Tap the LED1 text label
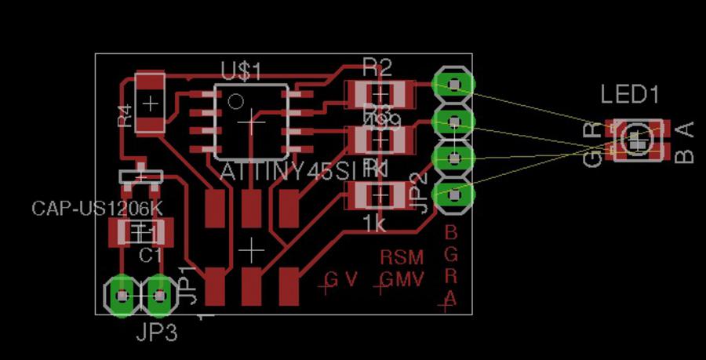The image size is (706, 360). coord(629,96)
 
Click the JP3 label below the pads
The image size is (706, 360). coord(156,333)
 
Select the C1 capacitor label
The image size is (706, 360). coord(150,256)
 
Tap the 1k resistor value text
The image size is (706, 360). coord(374,224)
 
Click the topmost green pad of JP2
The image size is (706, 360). coord(454,83)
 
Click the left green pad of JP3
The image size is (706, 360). coord(122,296)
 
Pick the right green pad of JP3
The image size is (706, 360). coord(160,296)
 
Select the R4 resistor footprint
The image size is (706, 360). coord(150,102)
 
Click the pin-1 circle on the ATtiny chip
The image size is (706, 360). coord(235,101)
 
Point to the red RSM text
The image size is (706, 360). coord(402,257)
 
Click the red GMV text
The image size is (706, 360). coord(402,279)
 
